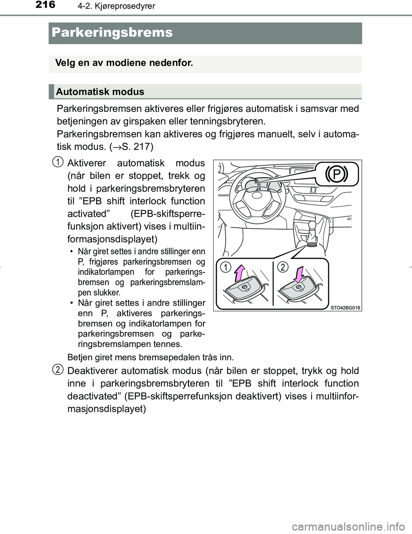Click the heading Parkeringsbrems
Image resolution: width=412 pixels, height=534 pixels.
click(x=111, y=33)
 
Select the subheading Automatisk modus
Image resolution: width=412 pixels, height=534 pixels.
click(x=100, y=92)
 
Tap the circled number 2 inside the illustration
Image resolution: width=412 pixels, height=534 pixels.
click(x=282, y=267)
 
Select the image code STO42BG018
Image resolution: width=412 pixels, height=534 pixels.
click(x=345, y=307)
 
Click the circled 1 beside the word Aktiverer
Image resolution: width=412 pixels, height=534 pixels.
click(x=57, y=163)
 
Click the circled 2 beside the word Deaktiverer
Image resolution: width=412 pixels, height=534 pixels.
click(x=57, y=370)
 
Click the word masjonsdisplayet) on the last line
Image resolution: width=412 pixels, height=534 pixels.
click(x=107, y=409)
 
